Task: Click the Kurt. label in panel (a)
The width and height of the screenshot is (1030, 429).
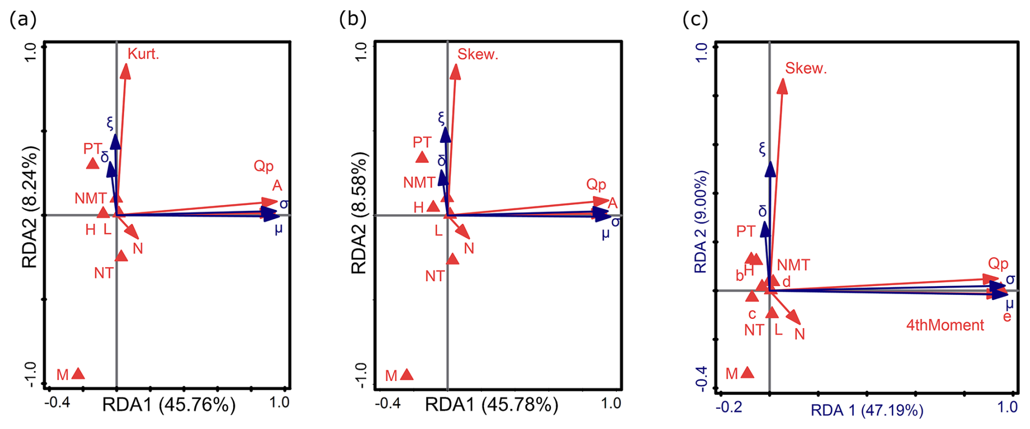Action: click(143, 54)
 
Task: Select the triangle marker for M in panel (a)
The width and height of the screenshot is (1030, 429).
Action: click(78, 374)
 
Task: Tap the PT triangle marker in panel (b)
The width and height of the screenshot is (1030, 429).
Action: click(422, 158)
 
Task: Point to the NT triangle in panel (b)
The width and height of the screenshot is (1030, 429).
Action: click(452, 259)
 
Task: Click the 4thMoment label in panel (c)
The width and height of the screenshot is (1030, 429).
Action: click(945, 325)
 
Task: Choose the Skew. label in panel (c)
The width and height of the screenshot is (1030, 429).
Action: click(806, 69)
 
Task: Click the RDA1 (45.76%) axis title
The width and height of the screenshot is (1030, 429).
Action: click(169, 405)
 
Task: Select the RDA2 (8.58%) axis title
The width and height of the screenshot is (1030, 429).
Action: click(359, 213)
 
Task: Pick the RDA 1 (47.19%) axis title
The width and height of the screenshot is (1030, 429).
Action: click(867, 410)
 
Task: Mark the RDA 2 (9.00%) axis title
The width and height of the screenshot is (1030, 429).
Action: click(701, 221)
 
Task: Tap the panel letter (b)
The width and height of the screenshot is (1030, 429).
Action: click(352, 19)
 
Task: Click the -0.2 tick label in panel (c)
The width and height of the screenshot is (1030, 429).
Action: click(728, 407)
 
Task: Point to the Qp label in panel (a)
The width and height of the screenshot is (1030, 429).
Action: click(263, 166)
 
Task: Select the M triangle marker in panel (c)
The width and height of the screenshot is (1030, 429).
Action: click(747, 373)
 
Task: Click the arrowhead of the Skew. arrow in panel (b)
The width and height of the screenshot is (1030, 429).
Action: click(456, 71)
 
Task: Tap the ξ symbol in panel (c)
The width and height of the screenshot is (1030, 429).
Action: click(762, 149)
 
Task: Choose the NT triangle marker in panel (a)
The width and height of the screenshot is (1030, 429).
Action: click(121, 256)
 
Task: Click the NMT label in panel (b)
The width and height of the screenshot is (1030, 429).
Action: click(419, 183)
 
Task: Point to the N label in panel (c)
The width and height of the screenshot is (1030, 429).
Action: click(799, 334)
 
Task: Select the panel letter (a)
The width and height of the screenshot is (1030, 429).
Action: click(23, 19)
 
